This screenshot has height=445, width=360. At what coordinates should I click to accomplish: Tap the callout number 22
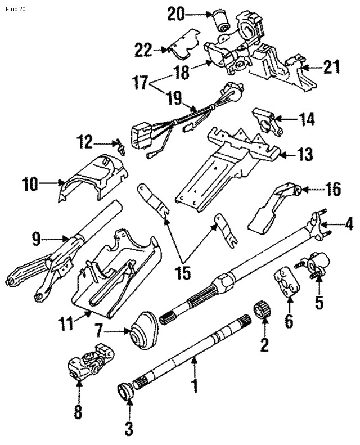(x=143, y=51)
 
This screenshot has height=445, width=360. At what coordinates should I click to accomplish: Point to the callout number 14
(x=307, y=119)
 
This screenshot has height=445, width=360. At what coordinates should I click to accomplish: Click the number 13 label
(x=305, y=154)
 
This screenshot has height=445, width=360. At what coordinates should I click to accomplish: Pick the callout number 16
(x=333, y=190)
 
